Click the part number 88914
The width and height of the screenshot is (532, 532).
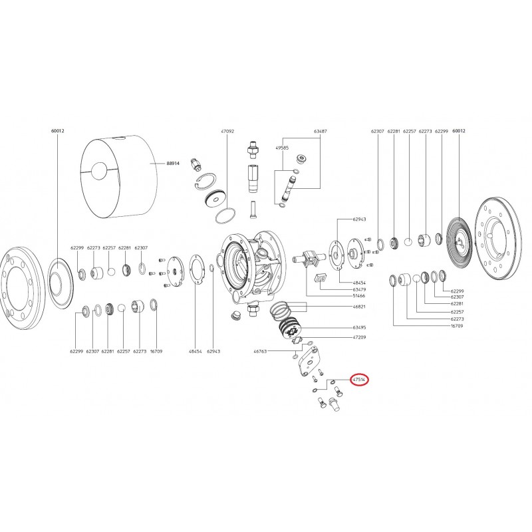[174, 162]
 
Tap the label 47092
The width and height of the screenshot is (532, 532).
[227, 132]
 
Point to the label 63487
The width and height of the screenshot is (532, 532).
[321, 132]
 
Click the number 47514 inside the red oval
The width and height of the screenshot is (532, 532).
[359, 379]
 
